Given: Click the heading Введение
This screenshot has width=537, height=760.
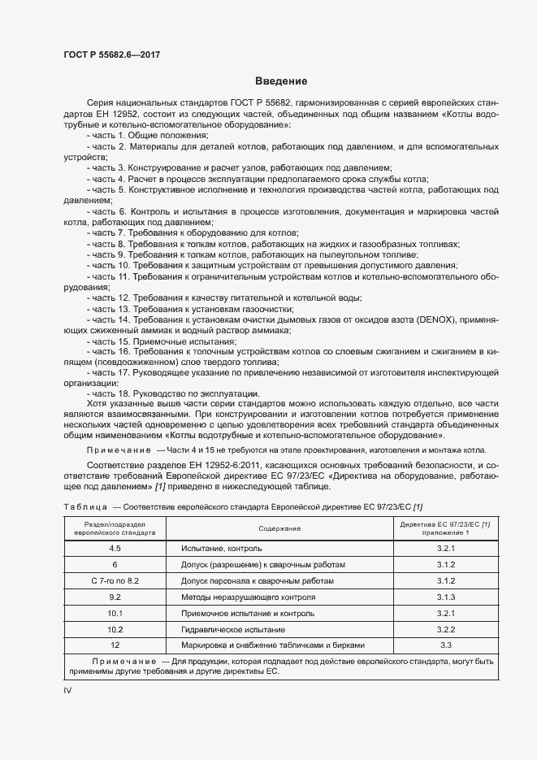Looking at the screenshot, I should pyautogui.click(x=280, y=81).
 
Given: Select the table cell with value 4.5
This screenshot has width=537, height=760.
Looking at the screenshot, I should pyautogui.click(x=115, y=549).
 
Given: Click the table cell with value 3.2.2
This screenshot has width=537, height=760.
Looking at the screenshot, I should pyautogui.click(x=444, y=630).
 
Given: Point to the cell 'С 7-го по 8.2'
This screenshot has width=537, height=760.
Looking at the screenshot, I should pyautogui.click(x=115, y=581).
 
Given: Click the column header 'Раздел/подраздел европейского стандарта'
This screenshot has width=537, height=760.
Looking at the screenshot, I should pyautogui.click(x=115, y=529).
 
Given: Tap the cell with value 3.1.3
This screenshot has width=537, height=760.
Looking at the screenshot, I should pyautogui.click(x=444, y=597).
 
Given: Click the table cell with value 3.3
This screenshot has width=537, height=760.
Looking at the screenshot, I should pyautogui.click(x=444, y=645).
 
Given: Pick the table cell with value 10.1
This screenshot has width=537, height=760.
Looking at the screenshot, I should pyautogui.click(x=115, y=614).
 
